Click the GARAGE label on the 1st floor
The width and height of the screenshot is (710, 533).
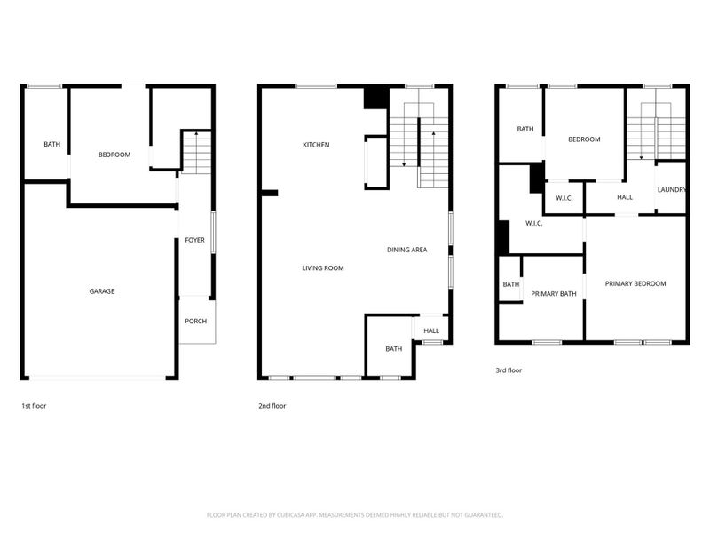click(x=101, y=291)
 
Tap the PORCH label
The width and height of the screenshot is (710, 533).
click(x=195, y=321)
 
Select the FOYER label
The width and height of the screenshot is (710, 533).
click(x=194, y=240)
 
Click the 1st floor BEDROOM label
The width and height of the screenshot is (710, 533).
click(x=114, y=155)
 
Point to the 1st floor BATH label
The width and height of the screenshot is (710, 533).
click(x=52, y=145)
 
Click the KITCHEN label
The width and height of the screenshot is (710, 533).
click(x=316, y=145)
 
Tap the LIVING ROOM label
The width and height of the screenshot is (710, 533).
click(x=322, y=267)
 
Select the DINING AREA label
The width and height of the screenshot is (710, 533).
click(x=406, y=250)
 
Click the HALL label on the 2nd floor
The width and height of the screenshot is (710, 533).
click(x=431, y=330)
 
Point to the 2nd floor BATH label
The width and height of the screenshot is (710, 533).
click(x=393, y=349)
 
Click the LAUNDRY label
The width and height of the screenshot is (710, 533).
click(x=672, y=189)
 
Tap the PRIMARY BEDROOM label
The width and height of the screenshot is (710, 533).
click(x=635, y=283)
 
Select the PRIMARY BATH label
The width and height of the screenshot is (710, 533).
click(x=554, y=293)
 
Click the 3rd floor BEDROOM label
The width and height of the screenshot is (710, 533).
click(x=584, y=139)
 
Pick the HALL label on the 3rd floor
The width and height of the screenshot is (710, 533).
click(x=625, y=197)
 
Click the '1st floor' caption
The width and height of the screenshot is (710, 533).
click(x=34, y=406)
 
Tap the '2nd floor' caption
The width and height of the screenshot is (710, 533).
click(x=272, y=406)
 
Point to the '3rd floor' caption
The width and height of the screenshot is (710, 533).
click(x=509, y=370)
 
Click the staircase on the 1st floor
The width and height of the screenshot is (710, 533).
click(x=197, y=152)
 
